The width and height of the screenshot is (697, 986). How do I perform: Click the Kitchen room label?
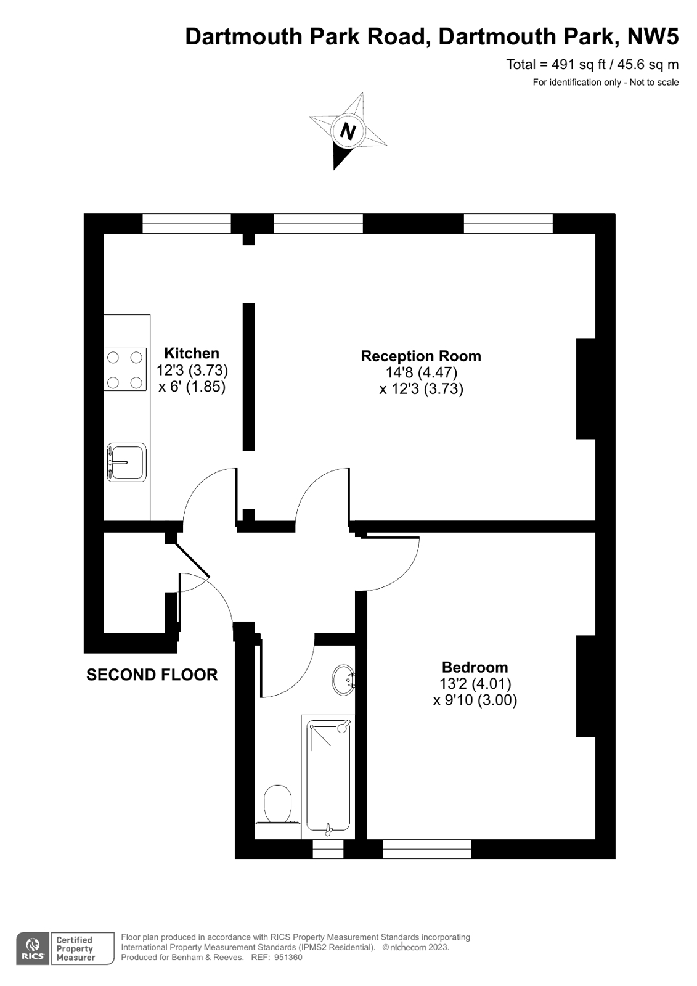pyautogui.click(x=192, y=353)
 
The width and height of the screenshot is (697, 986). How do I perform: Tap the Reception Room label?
pyautogui.click(x=421, y=356)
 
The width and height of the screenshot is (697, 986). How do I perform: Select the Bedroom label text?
pyautogui.click(x=475, y=667)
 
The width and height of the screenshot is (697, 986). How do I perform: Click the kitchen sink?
pyautogui.click(x=126, y=462)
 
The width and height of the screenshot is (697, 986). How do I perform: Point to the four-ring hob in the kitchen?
pyautogui.click(x=124, y=369)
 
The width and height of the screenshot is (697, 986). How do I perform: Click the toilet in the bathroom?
pyautogui.click(x=277, y=804)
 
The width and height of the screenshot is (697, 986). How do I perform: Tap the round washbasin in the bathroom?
pyautogui.click(x=343, y=680)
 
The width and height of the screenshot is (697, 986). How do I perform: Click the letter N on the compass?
pyautogui.click(x=348, y=131)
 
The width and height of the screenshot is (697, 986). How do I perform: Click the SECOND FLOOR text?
pyautogui.click(x=152, y=675)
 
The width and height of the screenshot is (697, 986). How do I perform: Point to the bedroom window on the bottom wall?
pyautogui.click(x=426, y=849)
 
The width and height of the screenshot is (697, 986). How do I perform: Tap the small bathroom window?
pyautogui.click(x=328, y=850)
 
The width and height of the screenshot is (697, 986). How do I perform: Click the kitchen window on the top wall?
pyautogui.click(x=186, y=223)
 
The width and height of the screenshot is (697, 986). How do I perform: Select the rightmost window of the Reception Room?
pyautogui.click(x=508, y=223)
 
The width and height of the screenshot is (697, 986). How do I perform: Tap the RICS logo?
pyautogui.click(x=33, y=948)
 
